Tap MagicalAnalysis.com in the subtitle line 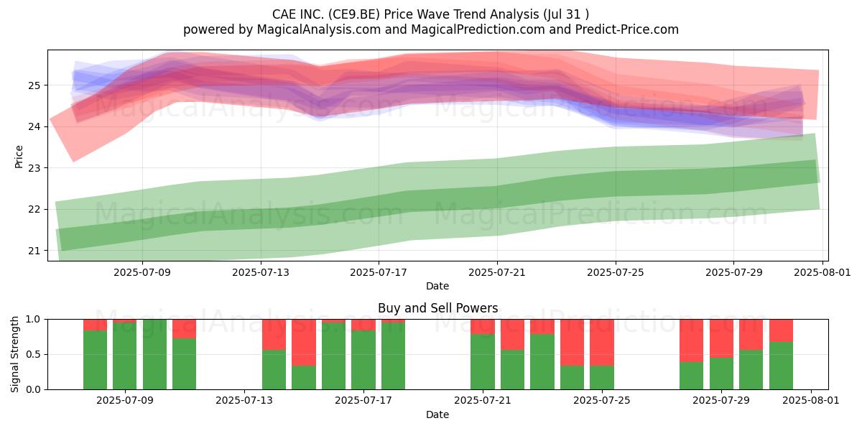click(319, 29)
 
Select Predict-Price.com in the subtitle click(627, 29)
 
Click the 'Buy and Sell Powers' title click(438, 308)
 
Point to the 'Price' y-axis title click(19, 157)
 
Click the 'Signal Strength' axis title click(14, 354)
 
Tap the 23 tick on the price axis click(34, 168)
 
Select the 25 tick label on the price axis click(34, 85)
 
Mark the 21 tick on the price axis click(34, 251)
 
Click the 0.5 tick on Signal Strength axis click(33, 354)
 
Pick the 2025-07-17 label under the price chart click(379, 272)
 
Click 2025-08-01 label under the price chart click(822, 272)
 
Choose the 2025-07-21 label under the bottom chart click(483, 401)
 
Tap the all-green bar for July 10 click(154, 354)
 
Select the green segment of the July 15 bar click(304, 378)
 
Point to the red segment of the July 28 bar click(691, 340)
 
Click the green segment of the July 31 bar click(782, 366)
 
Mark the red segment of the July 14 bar click(274, 335)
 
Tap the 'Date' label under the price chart click(437, 287)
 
